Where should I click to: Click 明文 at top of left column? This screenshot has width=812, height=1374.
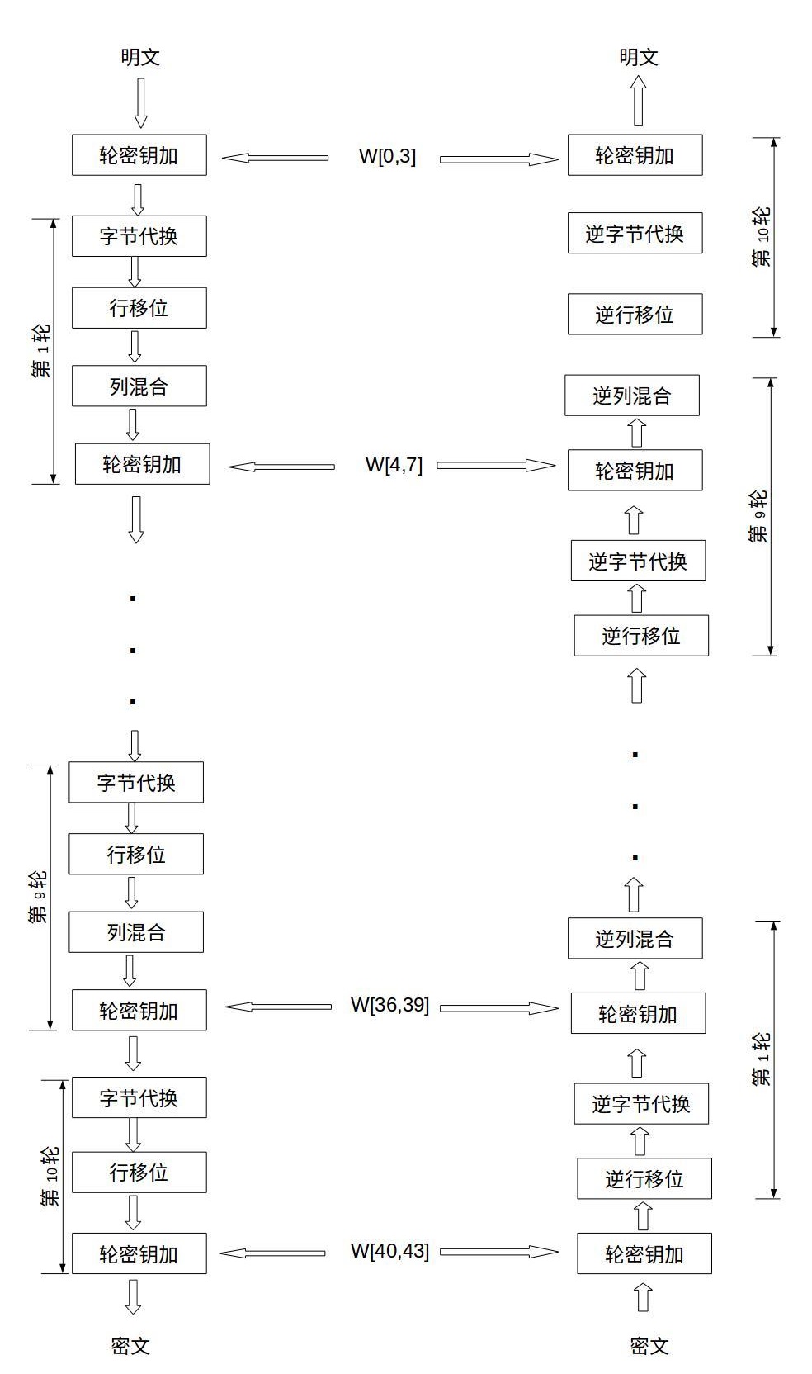tap(139, 57)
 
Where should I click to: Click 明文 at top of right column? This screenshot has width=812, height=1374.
tap(639, 57)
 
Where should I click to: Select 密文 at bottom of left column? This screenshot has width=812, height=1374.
tap(130, 1346)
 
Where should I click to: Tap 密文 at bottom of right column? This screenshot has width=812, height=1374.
tap(649, 1346)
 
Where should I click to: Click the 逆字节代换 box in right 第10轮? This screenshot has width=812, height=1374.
tap(635, 234)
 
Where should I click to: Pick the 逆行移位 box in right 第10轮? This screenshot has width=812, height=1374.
tap(635, 315)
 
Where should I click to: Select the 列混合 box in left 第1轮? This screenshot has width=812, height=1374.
tap(139, 386)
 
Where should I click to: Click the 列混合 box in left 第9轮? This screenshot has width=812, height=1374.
tap(136, 932)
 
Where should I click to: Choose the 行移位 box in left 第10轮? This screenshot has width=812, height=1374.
tap(139, 1173)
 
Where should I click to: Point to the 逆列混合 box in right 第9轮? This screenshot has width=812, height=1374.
tap(632, 396)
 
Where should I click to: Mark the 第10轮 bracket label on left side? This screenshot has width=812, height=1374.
tap(50, 1176)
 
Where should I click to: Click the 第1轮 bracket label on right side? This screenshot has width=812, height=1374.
tap(761, 1059)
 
